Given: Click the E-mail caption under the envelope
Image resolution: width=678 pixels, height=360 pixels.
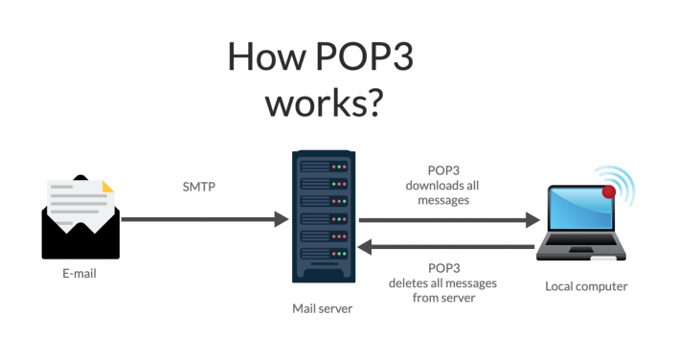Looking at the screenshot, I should click(79, 274).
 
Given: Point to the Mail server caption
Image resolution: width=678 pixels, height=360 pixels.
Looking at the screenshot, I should click(323, 309).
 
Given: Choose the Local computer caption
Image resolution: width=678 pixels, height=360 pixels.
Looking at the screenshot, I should click(586, 285).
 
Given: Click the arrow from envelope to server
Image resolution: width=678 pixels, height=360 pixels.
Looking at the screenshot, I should click(205, 220).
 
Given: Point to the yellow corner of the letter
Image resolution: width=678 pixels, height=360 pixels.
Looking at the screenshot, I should click(107, 187).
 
